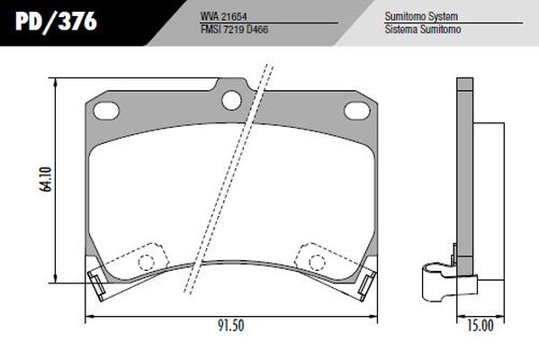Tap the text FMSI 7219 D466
[x=236, y=29]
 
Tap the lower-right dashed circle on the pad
[x=316, y=261]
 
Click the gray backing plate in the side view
[x=464, y=180]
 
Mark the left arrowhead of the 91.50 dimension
[x=87, y=317]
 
